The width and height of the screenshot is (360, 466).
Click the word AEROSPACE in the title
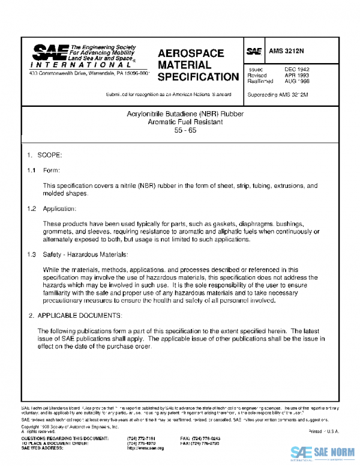pyautogui.click(x=191, y=53)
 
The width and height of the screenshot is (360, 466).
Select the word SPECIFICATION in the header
pyautogui.click(x=198, y=77)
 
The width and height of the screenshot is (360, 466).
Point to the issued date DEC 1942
pyautogui.click(x=296, y=70)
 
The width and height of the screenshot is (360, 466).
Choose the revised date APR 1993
pyautogui.click(x=296, y=76)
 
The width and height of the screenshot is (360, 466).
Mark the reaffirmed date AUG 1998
pyautogui.click(x=296, y=82)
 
